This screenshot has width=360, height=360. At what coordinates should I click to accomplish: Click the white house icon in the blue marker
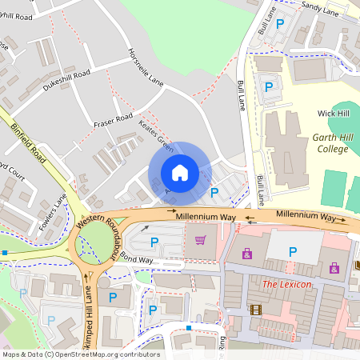[x=179, y=172]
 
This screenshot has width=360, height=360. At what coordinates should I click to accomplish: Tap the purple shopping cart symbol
[x=201, y=239]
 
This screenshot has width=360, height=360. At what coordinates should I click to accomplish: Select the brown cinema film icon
[x=255, y=310]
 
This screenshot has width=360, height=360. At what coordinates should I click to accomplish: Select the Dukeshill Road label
[x=66, y=82]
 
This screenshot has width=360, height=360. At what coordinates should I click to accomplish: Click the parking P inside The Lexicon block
[x=292, y=253]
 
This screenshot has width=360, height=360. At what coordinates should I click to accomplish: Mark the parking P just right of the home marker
[x=214, y=192]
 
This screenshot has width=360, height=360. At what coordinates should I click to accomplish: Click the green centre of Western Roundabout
[x=97, y=241]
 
